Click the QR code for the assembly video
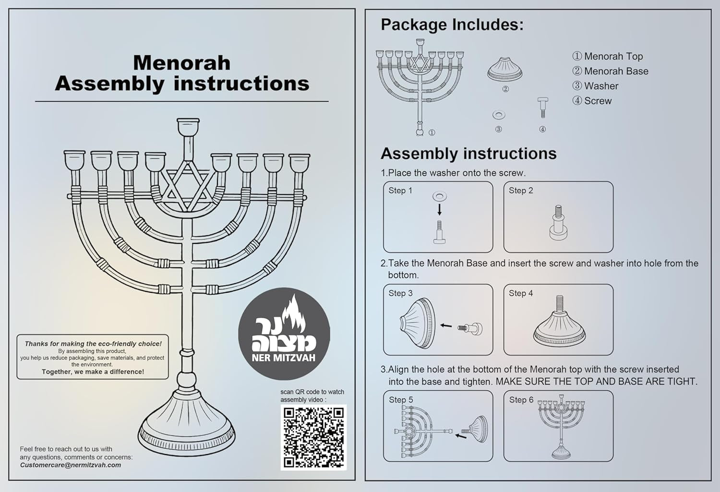(313, 437)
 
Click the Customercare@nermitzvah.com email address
(71, 465)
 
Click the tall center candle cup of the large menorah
(188, 127)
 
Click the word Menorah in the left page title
(181, 63)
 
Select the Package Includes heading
(452, 24)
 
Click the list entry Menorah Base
(616, 71)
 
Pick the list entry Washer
(601, 86)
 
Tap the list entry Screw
(598, 101)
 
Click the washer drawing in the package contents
(499, 115)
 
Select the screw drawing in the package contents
(542, 107)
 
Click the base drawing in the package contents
(504, 70)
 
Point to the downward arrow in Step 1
(439, 209)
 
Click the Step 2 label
(521, 191)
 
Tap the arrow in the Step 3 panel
(446, 325)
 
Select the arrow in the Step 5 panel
(461, 436)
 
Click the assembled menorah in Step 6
(560, 426)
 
